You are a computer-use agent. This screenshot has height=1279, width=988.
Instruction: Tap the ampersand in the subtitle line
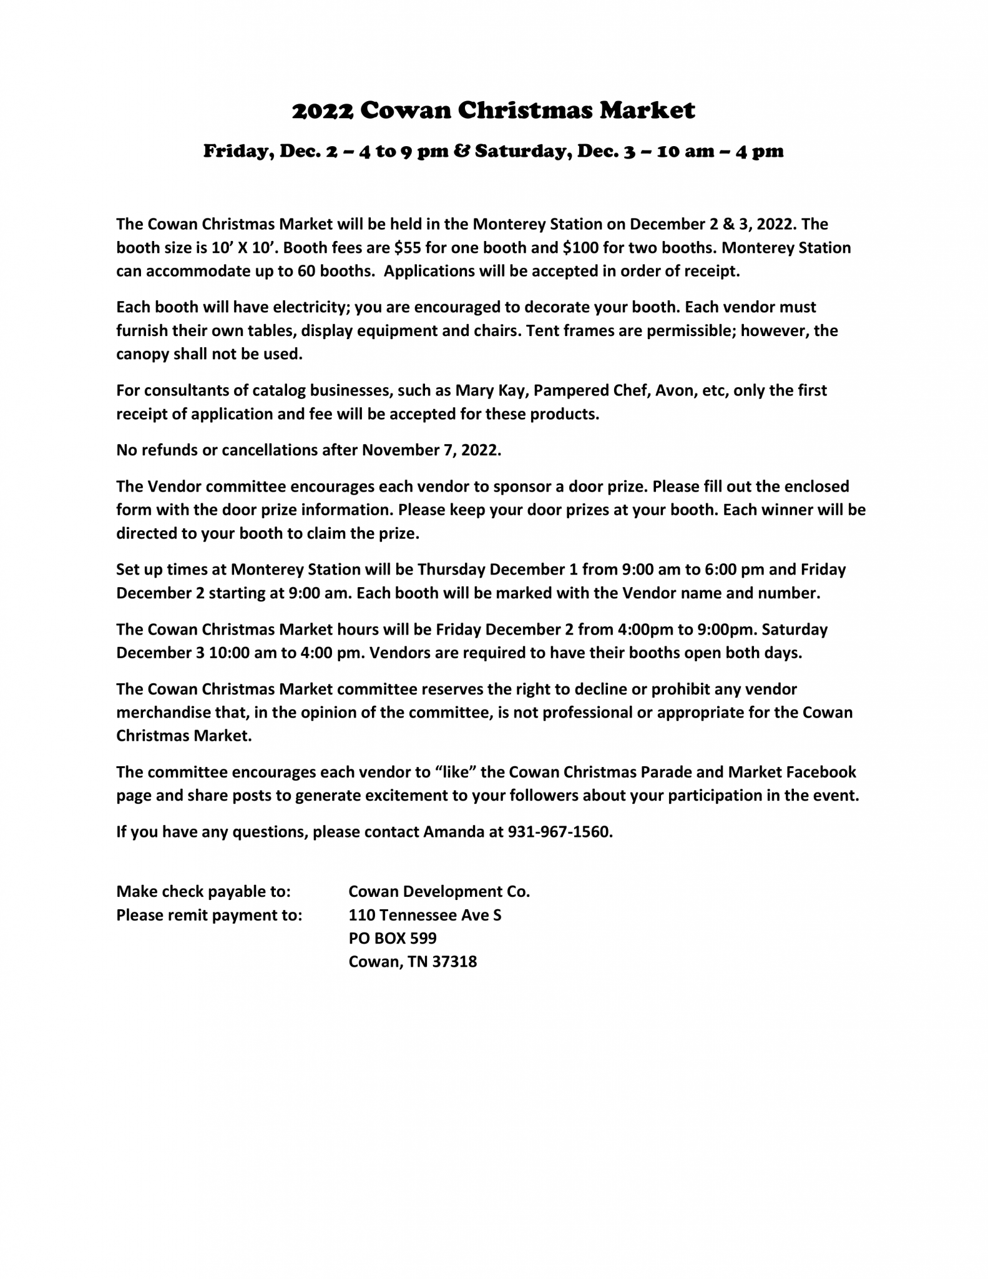coord(462,152)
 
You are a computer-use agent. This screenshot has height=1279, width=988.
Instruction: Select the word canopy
coord(142,355)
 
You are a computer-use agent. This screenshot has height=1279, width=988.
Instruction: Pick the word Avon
coord(672,391)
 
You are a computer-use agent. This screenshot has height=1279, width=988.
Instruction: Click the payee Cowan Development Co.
coord(439,892)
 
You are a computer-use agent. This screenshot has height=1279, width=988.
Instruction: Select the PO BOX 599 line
coord(393,938)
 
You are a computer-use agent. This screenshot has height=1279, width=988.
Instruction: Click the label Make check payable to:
coord(203,892)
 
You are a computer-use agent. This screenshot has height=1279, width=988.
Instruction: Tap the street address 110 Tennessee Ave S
coord(424,916)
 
